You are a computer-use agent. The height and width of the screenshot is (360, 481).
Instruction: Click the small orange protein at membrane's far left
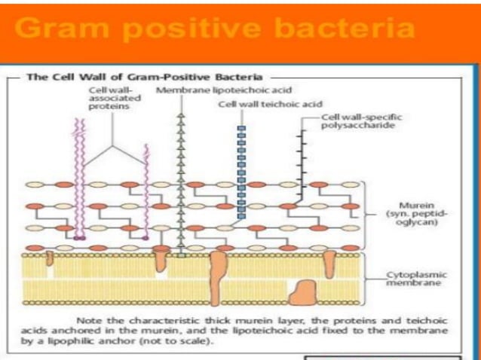point(50,258)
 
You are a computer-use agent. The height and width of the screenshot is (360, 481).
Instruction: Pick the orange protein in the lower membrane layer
point(304,291)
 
